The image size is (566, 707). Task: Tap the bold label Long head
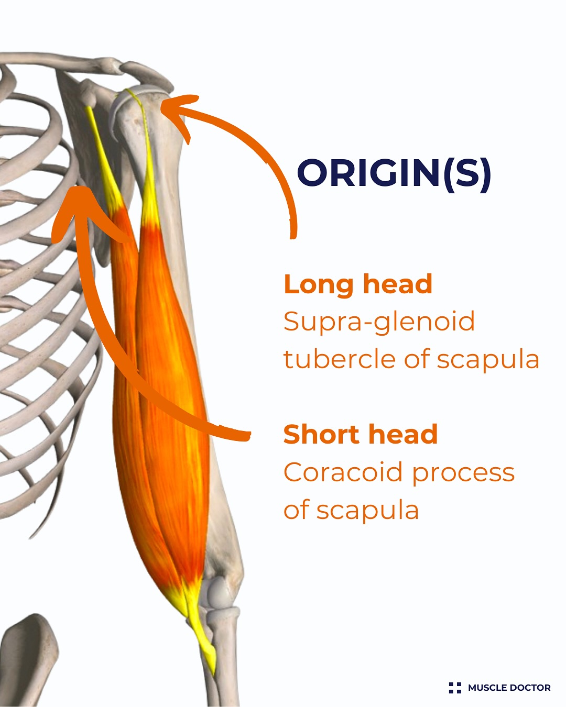[x=358, y=284]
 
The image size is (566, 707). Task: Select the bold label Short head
[x=361, y=434]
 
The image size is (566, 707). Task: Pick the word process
[x=463, y=474]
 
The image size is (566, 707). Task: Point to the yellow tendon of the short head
[x=104, y=158]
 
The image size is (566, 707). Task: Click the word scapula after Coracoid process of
[x=367, y=511]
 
